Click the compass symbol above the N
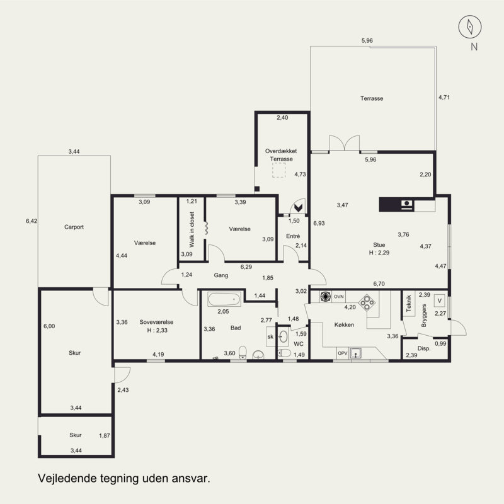click(469, 26)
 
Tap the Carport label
click(74, 227)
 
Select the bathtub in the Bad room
click(224, 299)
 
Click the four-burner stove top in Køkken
click(367, 303)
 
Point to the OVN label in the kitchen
click(338, 297)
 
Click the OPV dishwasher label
click(343, 353)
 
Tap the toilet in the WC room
click(284, 353)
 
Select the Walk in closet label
click(192, 229)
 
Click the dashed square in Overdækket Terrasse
click(278, 170)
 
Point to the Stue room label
click(379, 245)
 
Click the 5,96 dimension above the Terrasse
click(367, 40)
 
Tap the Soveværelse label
click(156, 322)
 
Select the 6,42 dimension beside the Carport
click(31, 221)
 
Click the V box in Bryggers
click(439, 301)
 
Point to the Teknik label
click(408, 304)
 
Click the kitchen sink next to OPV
click(356, 353)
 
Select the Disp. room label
click(424, 348)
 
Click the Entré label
click(293, 236)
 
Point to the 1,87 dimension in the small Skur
click(105, 435)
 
